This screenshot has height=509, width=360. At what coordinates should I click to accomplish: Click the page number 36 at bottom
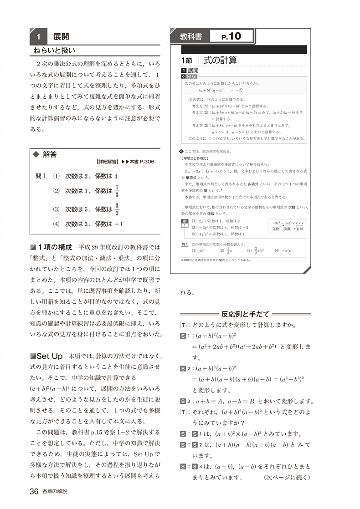click(33, 491)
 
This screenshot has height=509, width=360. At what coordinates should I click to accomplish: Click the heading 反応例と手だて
click(246, 314)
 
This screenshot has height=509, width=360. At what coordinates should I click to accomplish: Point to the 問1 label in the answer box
click(41, 176)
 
